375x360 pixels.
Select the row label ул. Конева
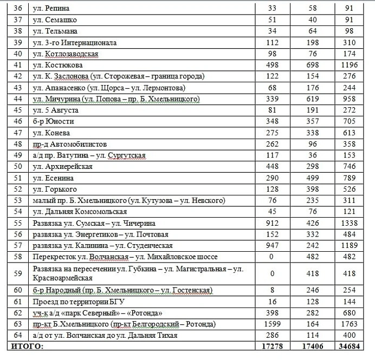tap(49, 133)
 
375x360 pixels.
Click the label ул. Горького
tap(55, 189)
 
